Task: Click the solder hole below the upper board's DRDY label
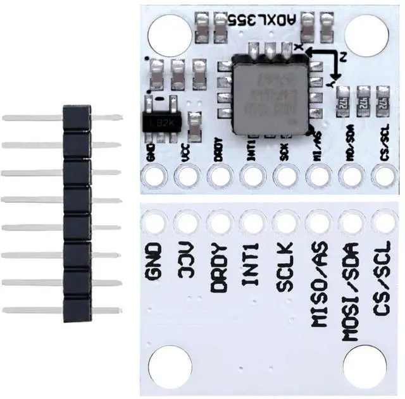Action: coord(220,175)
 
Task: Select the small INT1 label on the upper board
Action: coord(251,152)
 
